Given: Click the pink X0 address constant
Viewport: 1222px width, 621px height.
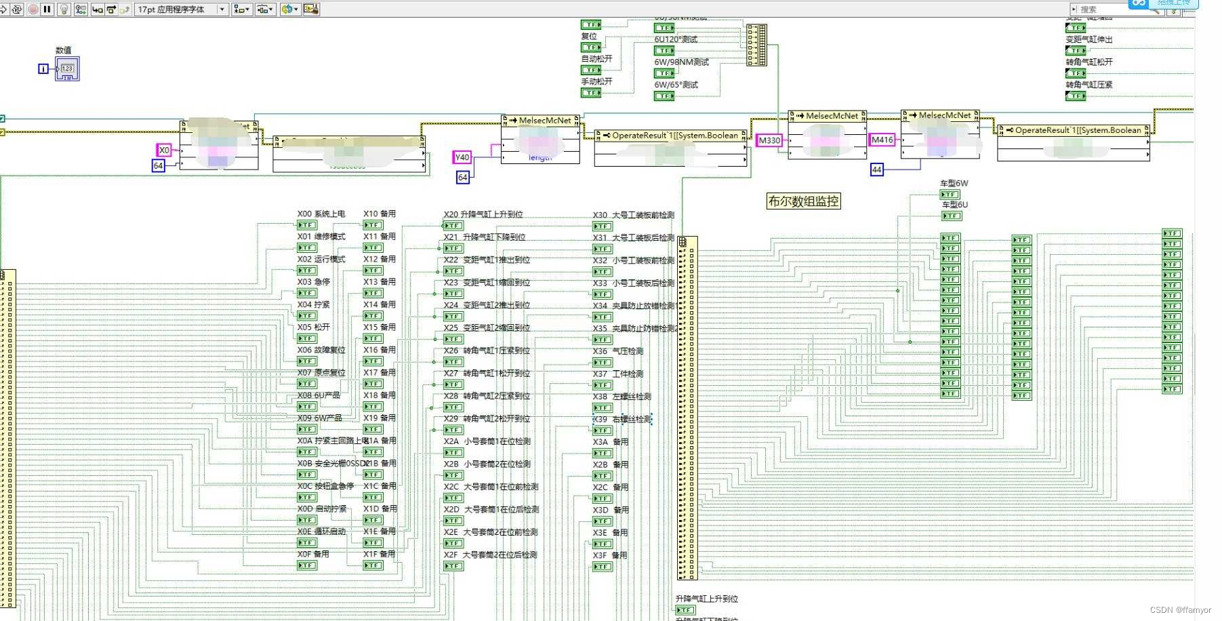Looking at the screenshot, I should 164,150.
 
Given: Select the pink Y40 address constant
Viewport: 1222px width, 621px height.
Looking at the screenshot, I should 462,157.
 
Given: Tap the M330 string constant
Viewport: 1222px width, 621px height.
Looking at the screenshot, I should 769,140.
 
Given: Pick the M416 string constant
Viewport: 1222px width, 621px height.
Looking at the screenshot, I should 882,140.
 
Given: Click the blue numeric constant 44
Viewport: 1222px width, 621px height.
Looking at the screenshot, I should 876,169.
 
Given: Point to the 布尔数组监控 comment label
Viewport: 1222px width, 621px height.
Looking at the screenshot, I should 803,201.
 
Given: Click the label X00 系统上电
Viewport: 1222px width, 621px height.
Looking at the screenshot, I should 321,214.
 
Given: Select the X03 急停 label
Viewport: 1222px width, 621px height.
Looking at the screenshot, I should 313,282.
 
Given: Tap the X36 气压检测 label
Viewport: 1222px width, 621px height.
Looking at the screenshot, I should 618,351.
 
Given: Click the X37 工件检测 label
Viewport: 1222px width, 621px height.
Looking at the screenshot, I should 618,374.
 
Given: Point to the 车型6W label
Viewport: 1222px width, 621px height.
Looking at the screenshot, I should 954,184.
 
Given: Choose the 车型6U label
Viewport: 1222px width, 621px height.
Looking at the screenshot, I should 954,205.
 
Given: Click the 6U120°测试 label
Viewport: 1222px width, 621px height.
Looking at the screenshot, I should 675,39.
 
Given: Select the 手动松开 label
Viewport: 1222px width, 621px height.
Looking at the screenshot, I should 596,81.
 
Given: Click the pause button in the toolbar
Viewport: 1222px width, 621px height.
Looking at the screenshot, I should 47,9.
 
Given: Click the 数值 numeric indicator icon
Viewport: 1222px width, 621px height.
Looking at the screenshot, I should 67,68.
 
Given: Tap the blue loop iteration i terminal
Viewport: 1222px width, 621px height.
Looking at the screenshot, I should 43,68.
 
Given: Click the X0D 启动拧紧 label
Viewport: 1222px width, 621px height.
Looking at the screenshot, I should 322,509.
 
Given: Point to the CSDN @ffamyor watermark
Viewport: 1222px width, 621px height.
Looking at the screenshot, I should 1180,610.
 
